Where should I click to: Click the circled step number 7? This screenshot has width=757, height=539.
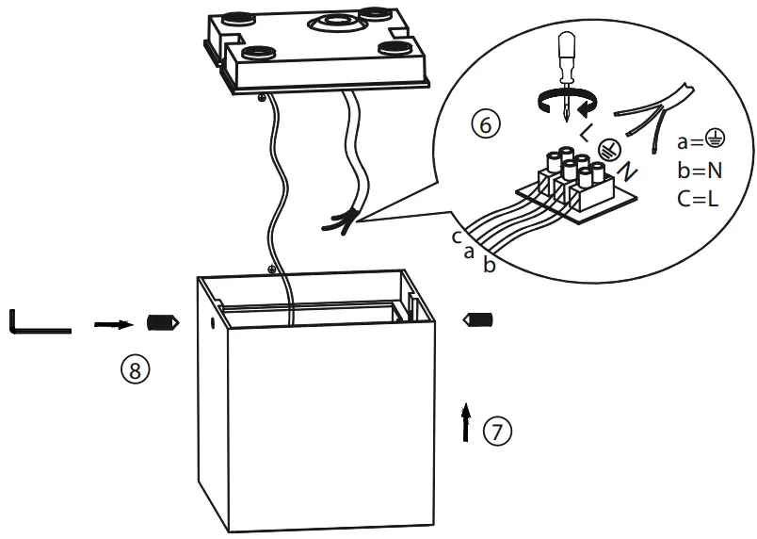(498, 432)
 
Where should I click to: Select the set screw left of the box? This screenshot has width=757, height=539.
(163, 323)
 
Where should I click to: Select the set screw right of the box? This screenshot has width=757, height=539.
(480, 322)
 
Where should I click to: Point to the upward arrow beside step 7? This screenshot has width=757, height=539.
(465, 420)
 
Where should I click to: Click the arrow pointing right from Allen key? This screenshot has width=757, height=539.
(113, 323)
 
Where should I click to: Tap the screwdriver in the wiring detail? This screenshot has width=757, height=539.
(565, 66)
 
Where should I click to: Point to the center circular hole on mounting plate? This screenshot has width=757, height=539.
(334, 21)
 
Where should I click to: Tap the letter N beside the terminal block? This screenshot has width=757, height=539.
(628, 172)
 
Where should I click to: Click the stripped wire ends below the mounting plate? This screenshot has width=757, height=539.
(340, 222)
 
